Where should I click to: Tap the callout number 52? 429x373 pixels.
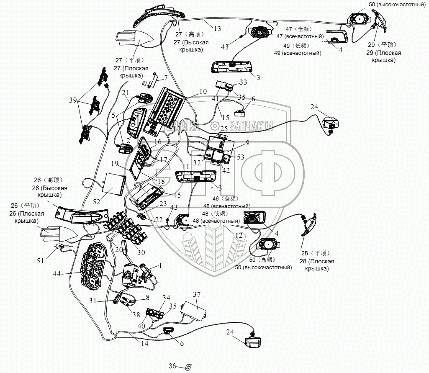point(97,201)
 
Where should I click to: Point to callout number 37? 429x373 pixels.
point(197,294)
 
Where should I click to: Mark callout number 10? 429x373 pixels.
point(203,91)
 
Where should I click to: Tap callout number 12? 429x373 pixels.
point(239,236)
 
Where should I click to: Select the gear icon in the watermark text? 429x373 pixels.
point(215,125)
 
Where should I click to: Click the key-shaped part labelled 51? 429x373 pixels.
point(62,247)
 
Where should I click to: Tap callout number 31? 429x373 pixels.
point(93,300)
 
